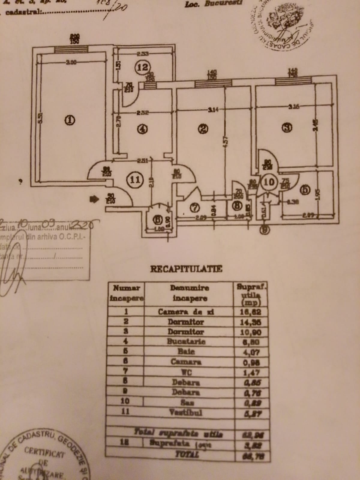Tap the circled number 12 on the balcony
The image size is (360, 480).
tap(142, 67)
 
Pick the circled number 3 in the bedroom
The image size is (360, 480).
tap(287, 128)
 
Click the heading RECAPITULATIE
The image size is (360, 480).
tap(186, 268)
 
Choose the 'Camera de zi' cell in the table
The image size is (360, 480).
tap(186, 312)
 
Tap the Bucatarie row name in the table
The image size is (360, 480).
tap(186, 342)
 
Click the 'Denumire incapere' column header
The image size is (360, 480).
tap(189, 293)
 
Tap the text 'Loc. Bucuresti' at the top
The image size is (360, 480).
tap(213, 4)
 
